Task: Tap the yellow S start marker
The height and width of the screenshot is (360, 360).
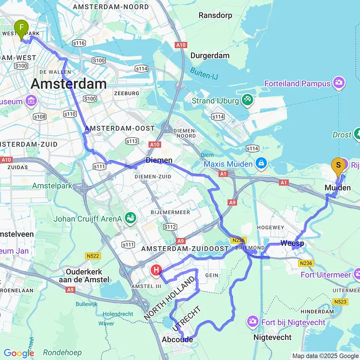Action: pos(338,167)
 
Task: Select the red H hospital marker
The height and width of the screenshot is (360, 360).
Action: pos(156,271)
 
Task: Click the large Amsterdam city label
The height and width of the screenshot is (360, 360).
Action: pos(69,84)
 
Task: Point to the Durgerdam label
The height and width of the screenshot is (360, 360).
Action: pos(210,56)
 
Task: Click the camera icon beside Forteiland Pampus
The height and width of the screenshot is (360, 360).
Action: pos(339,83)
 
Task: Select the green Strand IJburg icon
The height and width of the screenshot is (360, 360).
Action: pos(248,100)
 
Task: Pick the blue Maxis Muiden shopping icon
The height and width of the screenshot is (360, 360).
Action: pos(261,164)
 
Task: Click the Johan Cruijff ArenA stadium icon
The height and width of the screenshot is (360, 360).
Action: pos(131,218)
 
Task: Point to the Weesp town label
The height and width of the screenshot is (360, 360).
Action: pos(292,244)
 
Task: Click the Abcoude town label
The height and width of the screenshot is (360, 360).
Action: pos(178,339)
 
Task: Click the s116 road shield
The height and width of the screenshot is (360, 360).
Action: pos(79,43)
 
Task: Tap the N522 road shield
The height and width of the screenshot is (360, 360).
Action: pos(94,256)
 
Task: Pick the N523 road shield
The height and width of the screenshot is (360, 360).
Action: pos(339,301)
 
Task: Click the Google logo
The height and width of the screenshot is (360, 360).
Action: pos(19,354)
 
